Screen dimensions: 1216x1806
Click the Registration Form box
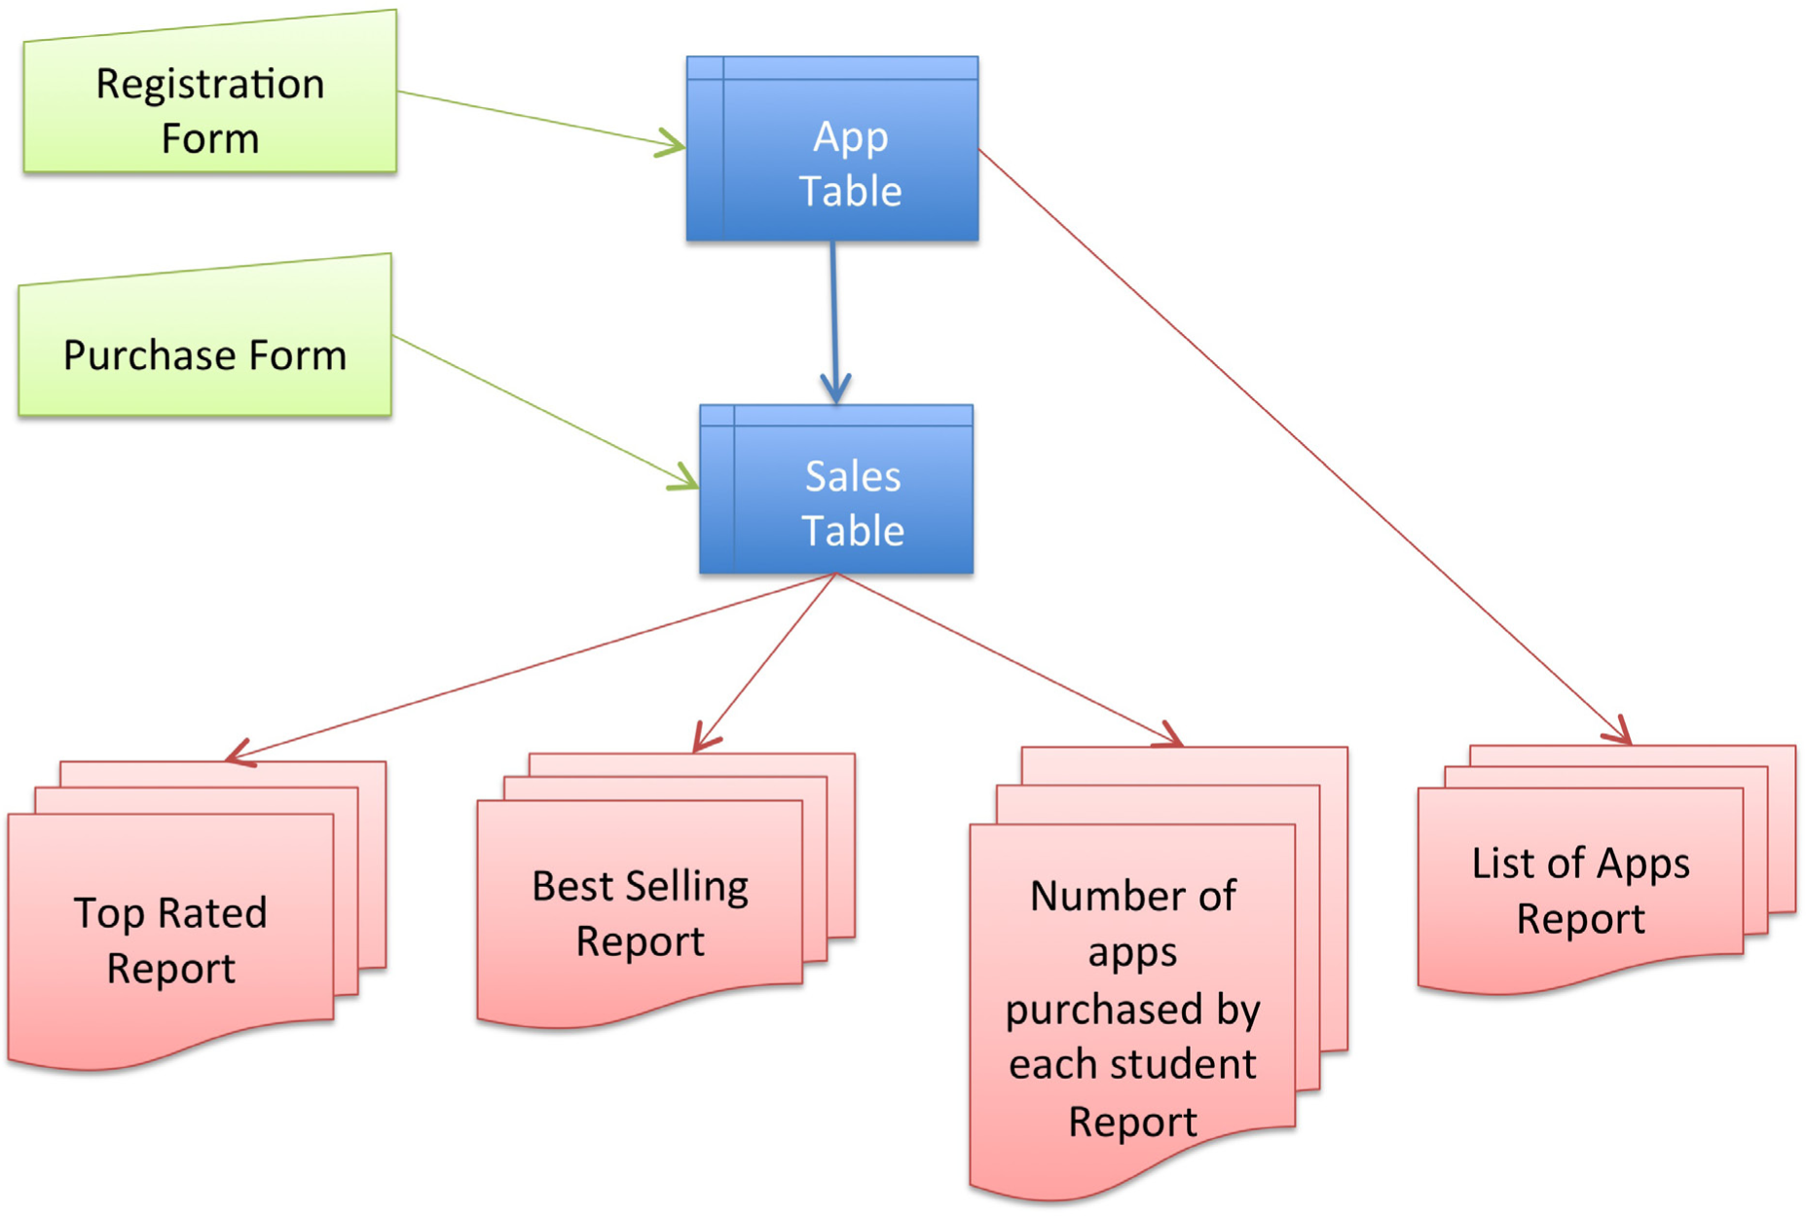(x=209, y=107)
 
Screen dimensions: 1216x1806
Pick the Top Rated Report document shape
(x=170, y=940)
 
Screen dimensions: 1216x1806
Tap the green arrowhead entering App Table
(x=672, y=144)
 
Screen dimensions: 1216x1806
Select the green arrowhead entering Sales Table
(x=684, y=479)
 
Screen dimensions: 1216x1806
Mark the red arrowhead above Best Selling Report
(x=705, y=740)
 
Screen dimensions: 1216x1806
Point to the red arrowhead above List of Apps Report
(x=1619, y=732)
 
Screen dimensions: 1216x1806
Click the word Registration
(x=209, y=85)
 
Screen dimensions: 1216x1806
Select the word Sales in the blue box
(x=853, y=477)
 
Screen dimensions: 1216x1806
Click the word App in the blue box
(x=850, y=136)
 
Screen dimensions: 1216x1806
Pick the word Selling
(x=686, y=887)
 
